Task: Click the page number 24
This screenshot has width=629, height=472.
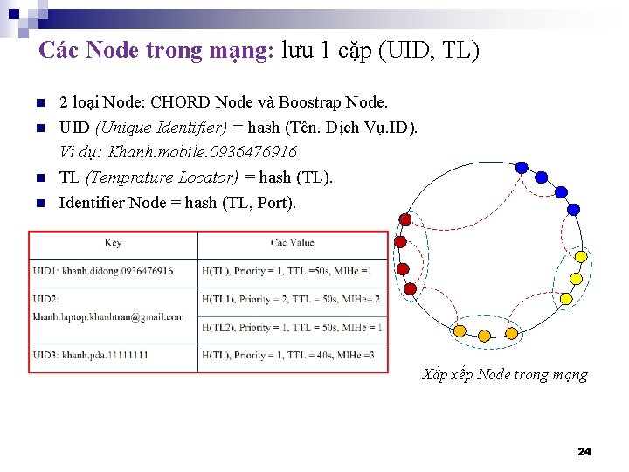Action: coord(584,451)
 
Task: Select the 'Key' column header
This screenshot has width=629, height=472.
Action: coord(113,243)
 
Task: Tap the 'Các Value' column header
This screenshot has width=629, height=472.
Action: coord(292,243)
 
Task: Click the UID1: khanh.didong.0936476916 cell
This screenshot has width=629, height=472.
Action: coord(103,271)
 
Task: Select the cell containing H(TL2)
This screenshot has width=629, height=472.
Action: coord(292,328)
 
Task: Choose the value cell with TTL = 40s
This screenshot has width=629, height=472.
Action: coord(292,355)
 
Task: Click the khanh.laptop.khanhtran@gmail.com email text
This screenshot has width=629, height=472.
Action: coord(109,316)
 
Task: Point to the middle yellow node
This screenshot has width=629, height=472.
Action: coord(576,279)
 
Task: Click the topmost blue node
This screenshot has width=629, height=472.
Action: coord(522,167)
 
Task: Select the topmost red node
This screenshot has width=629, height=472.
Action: coord(405,219)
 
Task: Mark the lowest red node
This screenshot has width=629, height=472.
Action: coord(408,288)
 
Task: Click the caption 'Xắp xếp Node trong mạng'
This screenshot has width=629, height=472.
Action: coord(505,375)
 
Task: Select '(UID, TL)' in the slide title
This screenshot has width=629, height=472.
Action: coord(429,51)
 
